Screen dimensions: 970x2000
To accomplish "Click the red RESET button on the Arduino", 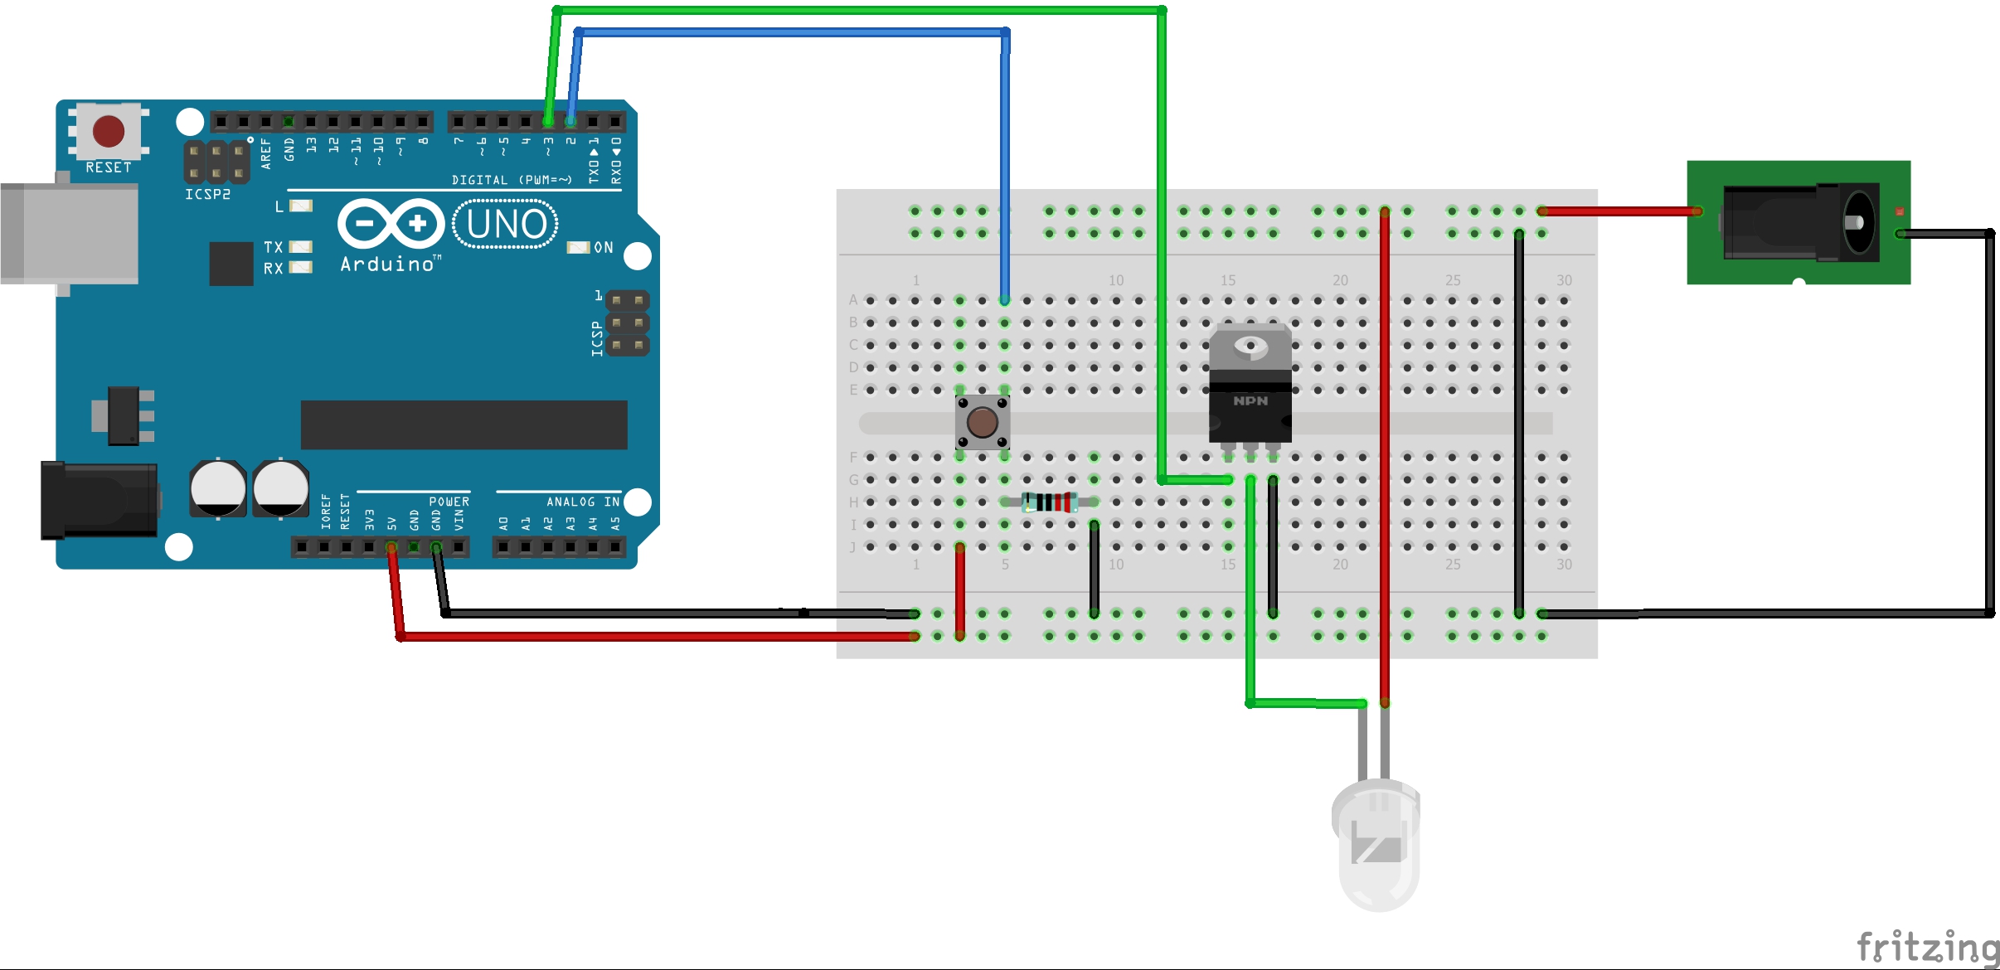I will click(109, 131).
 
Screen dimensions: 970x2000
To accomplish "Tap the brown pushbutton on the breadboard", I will click(983, 422).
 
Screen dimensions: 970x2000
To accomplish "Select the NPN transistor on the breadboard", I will click(1250, 386).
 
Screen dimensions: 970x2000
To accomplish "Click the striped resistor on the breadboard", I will click(1049, 502).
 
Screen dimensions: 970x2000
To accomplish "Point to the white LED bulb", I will click(1376, 841).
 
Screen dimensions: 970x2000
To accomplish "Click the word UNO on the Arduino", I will click(506, 225).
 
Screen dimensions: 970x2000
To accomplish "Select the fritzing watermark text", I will click(1927, 947).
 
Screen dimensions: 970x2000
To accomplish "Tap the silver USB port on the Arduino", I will click(70, 235).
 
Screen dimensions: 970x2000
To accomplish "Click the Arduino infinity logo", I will click(391, 223).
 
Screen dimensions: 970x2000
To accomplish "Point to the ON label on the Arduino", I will click(604, 248).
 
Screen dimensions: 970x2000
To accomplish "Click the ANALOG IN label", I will click(583, 502).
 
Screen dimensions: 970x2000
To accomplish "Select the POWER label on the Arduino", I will click(449, 502).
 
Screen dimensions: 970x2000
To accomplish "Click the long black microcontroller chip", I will click(464, 424).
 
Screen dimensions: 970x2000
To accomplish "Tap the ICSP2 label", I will click(207, 194).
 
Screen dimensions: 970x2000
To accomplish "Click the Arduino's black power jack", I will click(100, 500).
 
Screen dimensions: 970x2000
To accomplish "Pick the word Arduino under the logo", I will click(388, 264).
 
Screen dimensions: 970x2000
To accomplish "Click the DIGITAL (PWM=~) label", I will click(512, 180).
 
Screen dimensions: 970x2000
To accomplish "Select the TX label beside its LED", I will click(273, 247).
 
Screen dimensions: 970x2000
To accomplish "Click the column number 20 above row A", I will click(1340, 280).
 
